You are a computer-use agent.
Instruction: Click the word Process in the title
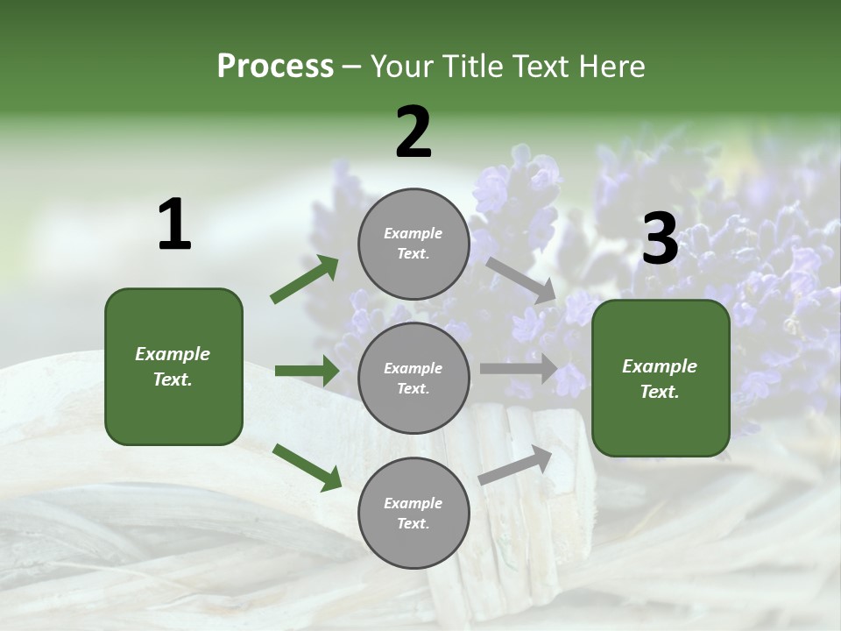[275, 67]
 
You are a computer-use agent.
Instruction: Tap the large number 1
[174, 225]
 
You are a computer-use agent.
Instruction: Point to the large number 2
[413, 132]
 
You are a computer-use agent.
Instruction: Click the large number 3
[660, 239]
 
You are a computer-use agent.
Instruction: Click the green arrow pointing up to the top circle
[305, 280]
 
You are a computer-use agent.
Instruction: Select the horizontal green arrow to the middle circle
[307, 371]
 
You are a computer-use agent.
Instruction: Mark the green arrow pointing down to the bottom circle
[307, 466]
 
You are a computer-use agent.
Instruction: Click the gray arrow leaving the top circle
[520, 279]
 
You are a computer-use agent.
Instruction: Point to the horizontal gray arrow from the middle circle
[519, 369]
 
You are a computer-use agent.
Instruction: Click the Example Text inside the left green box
[173, 366]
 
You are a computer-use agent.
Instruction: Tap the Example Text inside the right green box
[660, 379]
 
